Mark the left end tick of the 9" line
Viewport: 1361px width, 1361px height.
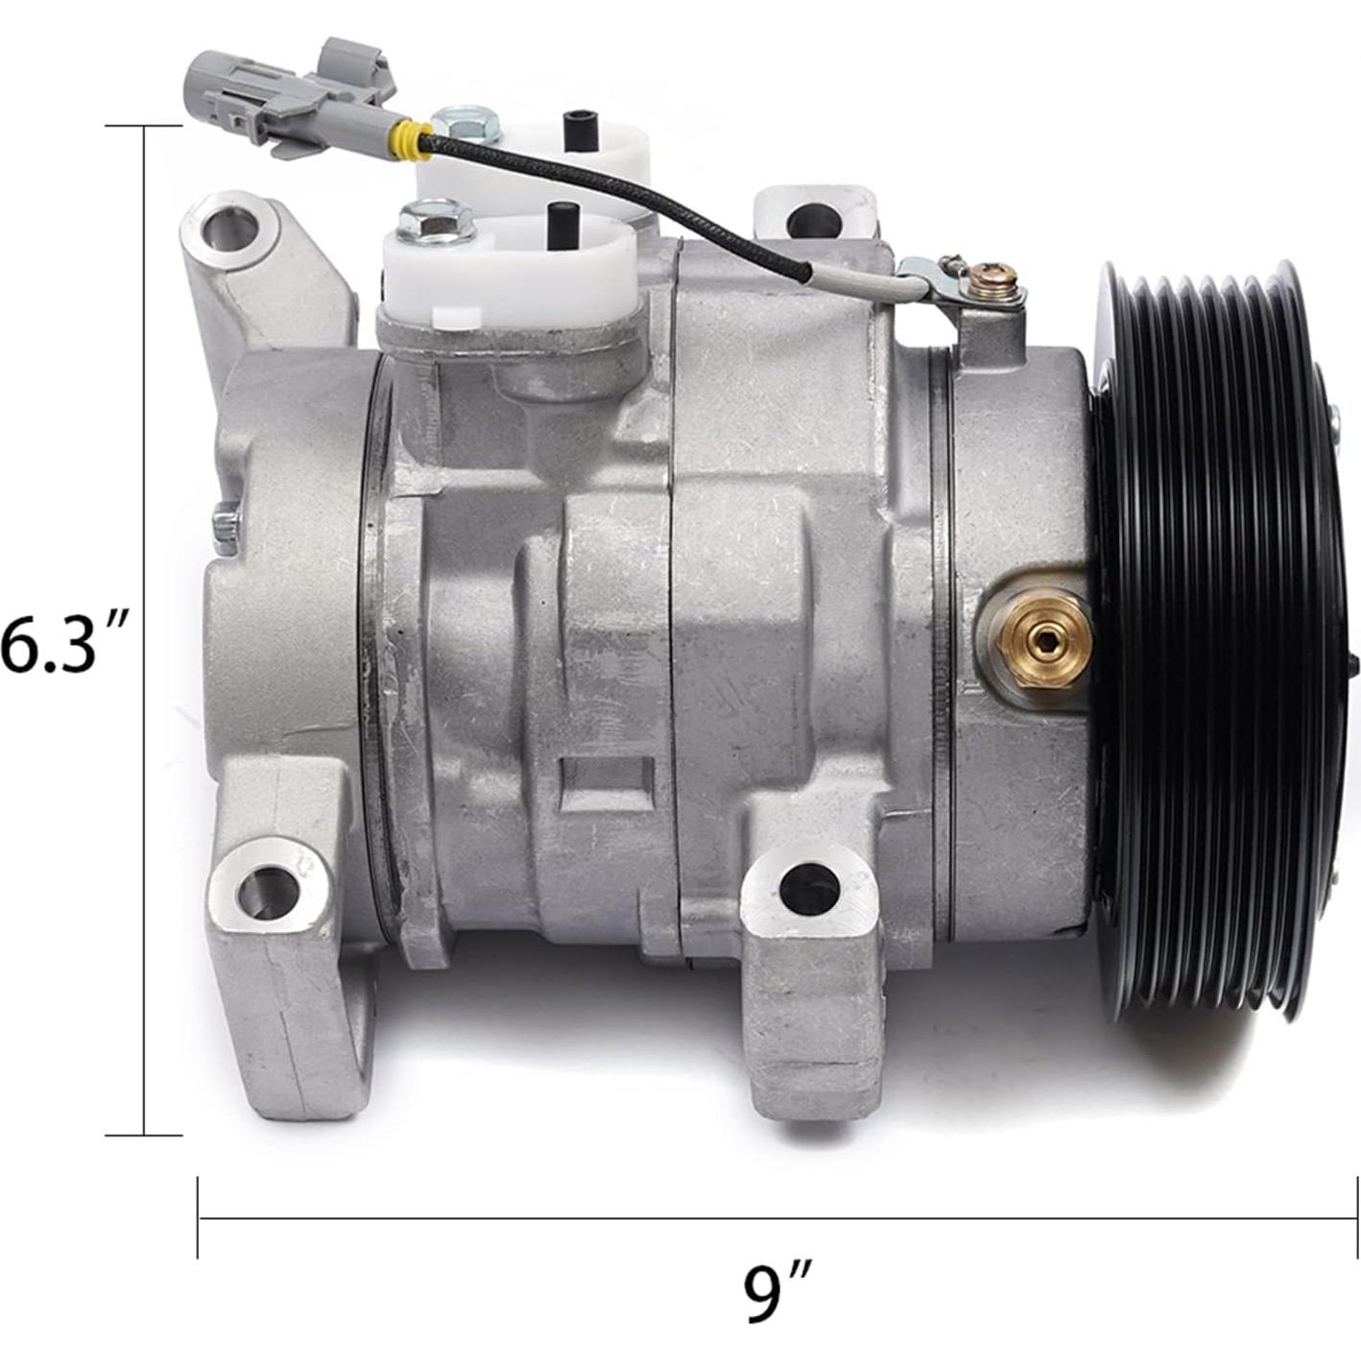click(199, 1218)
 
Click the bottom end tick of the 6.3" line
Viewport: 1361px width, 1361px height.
click(144, 1134)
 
